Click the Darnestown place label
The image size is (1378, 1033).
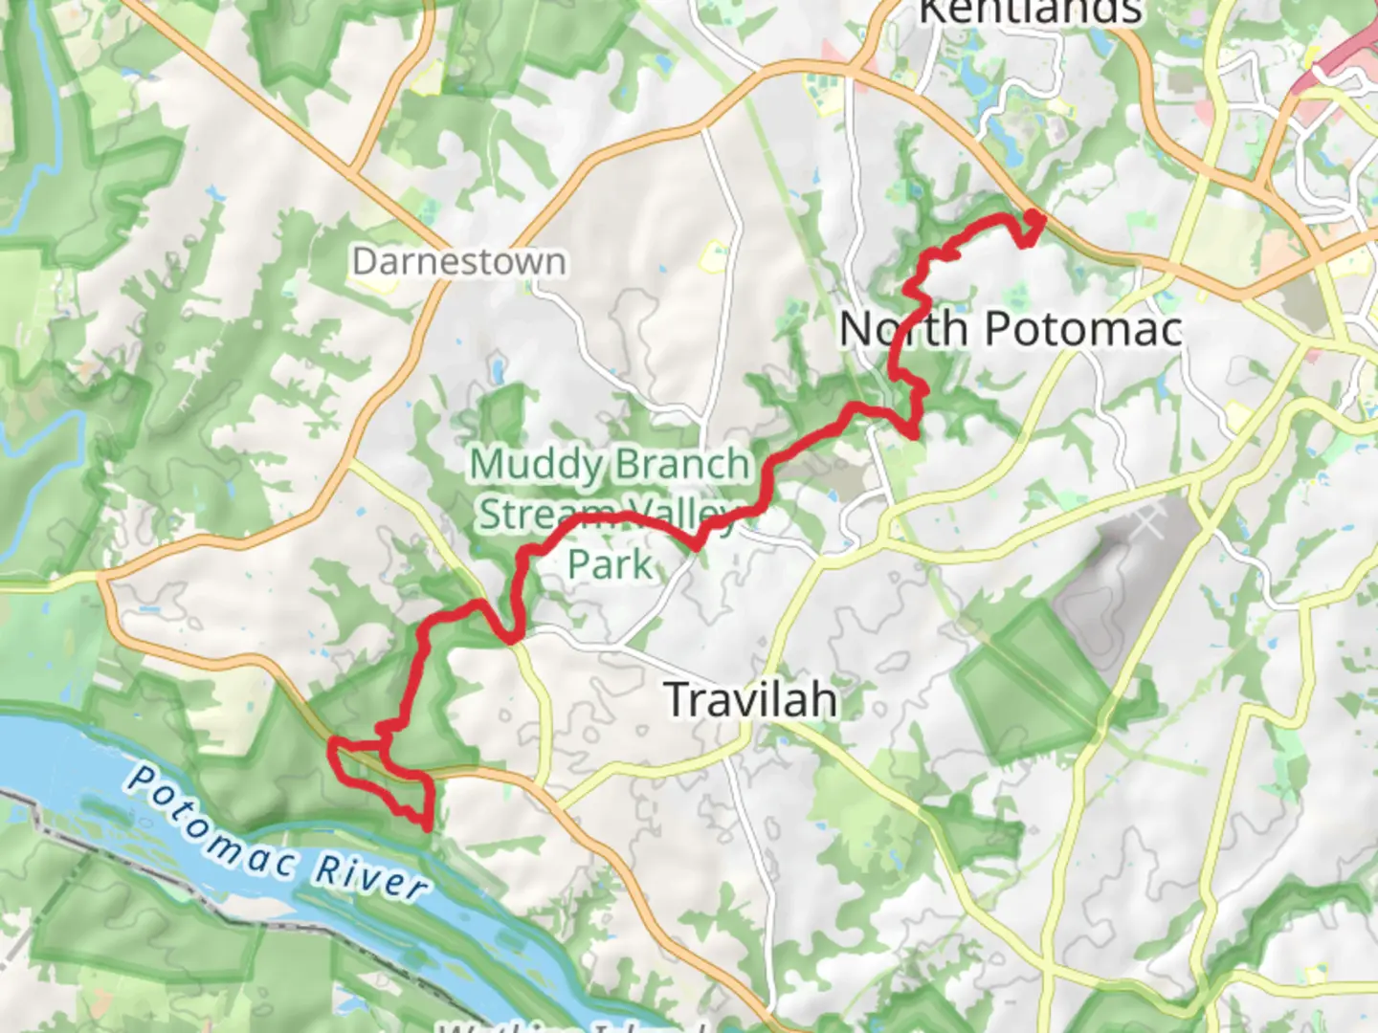pyautogui.click(x=458, y=261)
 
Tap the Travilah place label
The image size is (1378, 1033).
pyautogui.click(x=750, y=699)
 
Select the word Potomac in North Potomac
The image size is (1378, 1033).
pyautogui.click(x=1083, y=329)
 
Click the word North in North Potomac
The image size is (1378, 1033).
pyautogui.click(x=903, y=329)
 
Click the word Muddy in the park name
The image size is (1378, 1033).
pyautogui.click(x=535, y=465)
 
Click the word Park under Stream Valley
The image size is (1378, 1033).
pyautogui.click(x=610, y=564)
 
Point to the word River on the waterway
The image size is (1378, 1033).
pyautogui.click(x=371, y=876)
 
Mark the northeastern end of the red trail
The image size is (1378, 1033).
pyautogui.click(x=1037, y=218)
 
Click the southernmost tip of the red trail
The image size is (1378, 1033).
pyautogui.click(x=425, y=826)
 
